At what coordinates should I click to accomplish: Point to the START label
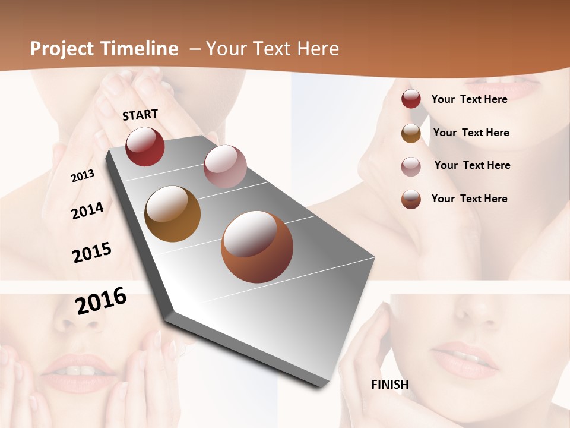(x=140, y=115)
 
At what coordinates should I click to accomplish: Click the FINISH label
(x=390, y=385)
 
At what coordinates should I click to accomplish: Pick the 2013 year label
(x=83, y=176)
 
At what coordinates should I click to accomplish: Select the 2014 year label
(x=87, y=210)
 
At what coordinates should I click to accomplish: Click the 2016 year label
(x=101, y=300)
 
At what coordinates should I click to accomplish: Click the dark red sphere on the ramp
(x=145, y=146)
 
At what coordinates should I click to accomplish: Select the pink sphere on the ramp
(x=225, y=166)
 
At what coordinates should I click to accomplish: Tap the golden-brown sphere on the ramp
(x=173, y=214)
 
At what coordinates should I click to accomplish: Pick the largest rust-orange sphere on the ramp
(x=257, y=247)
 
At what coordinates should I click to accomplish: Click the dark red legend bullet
(x=411, y=99)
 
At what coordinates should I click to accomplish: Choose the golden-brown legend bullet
(x=411, y=133)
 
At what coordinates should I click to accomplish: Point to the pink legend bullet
(x=411, y=166)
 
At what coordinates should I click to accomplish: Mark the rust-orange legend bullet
(x=411, y=199)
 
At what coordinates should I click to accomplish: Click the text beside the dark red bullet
(x=470, y=99)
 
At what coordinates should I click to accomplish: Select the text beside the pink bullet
(x=473, y=165)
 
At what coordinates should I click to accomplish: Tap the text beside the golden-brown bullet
(x=471, y=133)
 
